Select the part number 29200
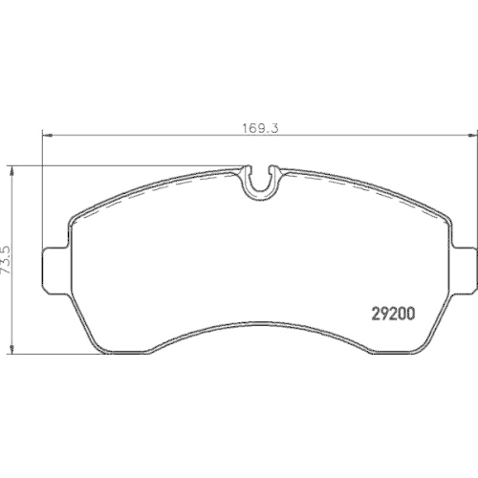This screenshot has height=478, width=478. pyautogui.click(x=391, y=313)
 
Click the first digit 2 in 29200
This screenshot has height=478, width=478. pyautogui.click(x=374, y=313)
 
